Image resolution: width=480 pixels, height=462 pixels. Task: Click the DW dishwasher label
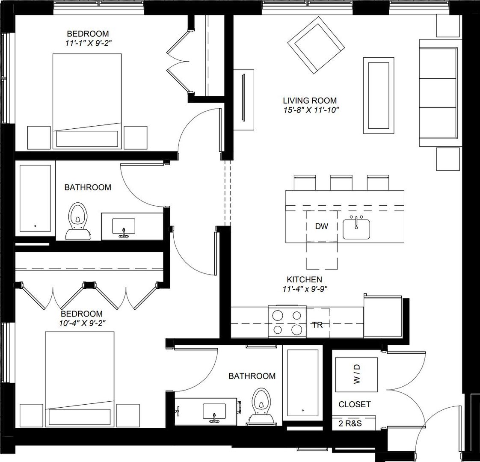pyautogui.click(x=321, y=227)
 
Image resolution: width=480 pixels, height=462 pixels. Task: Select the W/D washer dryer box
pyautogui.click(x=356, y=374)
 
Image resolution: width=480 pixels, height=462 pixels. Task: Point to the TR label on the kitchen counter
pyautogui.click(x=317, y=325)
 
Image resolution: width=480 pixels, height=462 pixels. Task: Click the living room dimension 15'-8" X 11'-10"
pyautogui.click(x=310, y=110)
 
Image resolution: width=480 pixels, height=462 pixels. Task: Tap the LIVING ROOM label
pyautogui.click(x=310, y=101)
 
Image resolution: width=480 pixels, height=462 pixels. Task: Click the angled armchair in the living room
pyautogui.click(x=316, y=44)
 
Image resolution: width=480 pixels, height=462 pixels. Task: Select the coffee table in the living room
pyautogui.click(x=378, y=95)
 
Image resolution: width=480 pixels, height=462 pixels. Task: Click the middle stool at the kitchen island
pyautogui.click(x=341, y=183)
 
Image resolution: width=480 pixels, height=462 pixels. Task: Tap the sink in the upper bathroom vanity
pyautogui.click(x=123, y=226)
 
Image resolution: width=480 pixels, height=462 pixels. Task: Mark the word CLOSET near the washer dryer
pyautogui.click(x=354, y=404)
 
